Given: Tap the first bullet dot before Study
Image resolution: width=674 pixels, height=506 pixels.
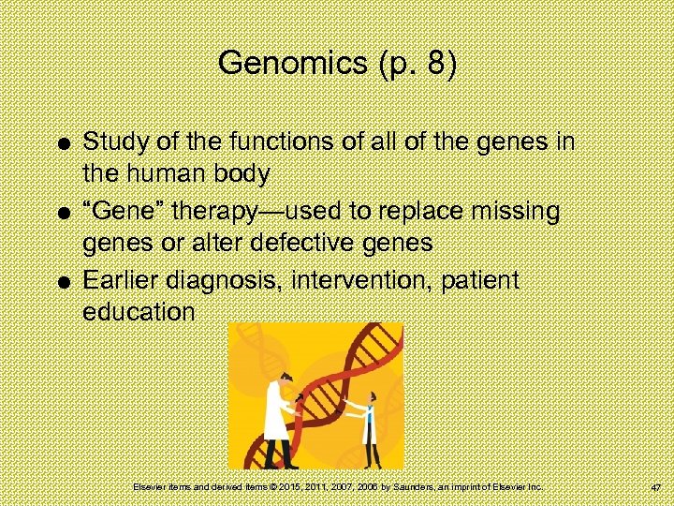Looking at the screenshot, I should tap(61, 143).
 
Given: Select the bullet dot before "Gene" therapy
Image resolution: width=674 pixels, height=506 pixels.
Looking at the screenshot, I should tap(61, 213).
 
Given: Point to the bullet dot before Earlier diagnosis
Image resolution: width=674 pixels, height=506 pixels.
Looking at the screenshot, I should tap(61, 282).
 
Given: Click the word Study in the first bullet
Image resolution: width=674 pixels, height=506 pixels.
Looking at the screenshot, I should tap(112, 142).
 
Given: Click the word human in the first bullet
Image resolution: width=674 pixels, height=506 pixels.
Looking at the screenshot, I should tap(168, 173).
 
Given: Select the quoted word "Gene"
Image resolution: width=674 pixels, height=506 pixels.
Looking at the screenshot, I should tap(121, 212).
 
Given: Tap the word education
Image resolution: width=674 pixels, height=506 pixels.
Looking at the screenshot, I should tap(139, 312).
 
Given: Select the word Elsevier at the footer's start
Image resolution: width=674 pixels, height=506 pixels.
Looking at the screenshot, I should tap(149, 487).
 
